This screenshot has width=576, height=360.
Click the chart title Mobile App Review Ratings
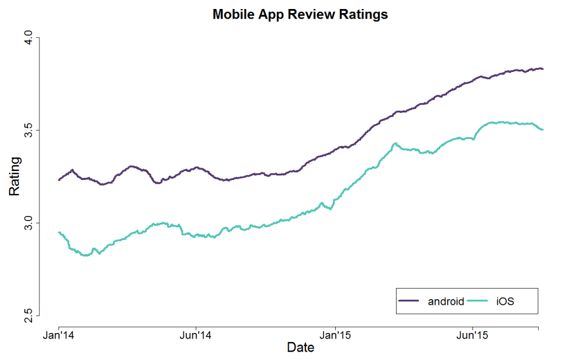(x=300, y=15)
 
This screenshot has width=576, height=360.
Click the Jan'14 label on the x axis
(x=59, y=336)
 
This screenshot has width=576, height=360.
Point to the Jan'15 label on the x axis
(x=335, y=336)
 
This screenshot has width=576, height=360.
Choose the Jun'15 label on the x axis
(x=473, y=336)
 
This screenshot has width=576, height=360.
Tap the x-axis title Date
(x=300, y=348)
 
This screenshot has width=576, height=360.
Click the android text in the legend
(x=445, y=301)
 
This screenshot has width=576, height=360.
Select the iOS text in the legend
(x=505, y=301)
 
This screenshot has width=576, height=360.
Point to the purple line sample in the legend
(x=409, y=301)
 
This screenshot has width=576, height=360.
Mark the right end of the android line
(x=542, y=69)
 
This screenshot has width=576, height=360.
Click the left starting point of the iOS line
(x=59, y=232)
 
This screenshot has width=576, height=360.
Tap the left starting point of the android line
(x=59, y=180)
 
